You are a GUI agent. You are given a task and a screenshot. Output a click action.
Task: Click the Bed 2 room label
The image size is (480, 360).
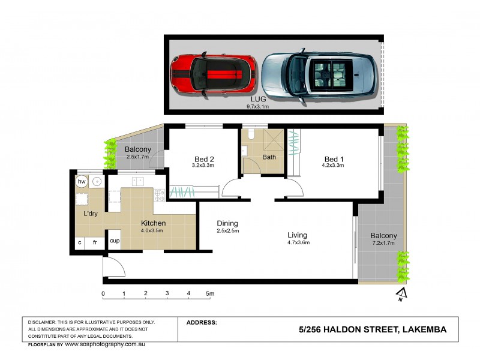[x=203, y=159]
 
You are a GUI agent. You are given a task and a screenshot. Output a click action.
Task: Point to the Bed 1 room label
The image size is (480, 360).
[x=333, y=159]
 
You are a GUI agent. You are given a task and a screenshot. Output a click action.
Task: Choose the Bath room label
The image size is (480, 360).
[x=269, y=158]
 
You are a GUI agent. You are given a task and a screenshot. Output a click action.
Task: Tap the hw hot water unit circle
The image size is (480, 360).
[x=82, y=181]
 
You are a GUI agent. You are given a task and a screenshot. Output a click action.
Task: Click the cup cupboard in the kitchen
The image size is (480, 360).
[x=115, y=241]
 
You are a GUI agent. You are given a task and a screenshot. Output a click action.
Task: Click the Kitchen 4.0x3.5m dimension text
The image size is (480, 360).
[x=152, y=230]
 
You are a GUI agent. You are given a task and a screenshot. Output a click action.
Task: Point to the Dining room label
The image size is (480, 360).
[x=228, y=223]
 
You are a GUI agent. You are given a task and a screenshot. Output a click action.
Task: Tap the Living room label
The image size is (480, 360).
[x=297, y=235]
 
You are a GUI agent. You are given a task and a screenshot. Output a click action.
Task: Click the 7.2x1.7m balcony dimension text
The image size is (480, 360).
[x=382, y=244]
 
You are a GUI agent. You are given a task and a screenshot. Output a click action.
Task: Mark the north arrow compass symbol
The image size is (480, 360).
[x=402, y=294]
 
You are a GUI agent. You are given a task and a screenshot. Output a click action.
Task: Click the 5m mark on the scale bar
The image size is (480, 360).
[x=210, y=294]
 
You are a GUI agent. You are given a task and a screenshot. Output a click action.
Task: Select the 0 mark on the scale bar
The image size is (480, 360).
[x=104, y=294]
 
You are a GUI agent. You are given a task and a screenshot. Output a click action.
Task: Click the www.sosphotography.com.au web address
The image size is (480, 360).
[x=105, y=344]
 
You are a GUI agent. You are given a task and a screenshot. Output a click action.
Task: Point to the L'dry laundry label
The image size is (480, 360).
[x=91, y=214]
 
